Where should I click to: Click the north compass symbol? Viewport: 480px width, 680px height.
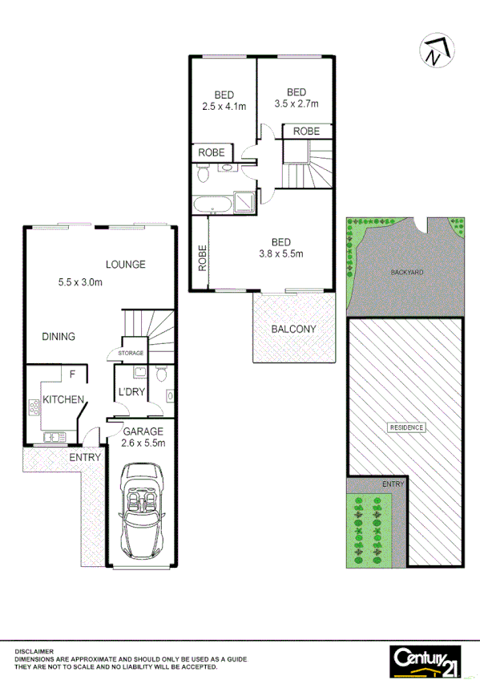point(434,51)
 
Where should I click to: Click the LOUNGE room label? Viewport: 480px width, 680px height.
point(127,264)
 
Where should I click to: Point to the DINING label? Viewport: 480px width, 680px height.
point(58,337)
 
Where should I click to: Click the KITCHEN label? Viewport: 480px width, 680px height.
point(64,399)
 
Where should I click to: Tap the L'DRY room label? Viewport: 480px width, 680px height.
point(131,391)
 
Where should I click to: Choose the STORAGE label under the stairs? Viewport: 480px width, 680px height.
point(131,353)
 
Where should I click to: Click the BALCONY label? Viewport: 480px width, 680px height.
point(292,329)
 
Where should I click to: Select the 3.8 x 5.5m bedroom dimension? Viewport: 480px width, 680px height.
point(280,254)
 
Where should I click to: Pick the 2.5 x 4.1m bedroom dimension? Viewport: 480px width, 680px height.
point(224,106)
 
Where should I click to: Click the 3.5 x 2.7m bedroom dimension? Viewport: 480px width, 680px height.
point(296,103)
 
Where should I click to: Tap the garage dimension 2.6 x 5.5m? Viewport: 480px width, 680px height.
point(143,443)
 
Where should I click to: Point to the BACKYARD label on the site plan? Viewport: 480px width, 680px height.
point(407,273)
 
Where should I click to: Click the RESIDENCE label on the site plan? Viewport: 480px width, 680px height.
point(406,427)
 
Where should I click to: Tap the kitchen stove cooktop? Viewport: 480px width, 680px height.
point(34,407)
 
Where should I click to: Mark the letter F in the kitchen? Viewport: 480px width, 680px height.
point(71,374)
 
